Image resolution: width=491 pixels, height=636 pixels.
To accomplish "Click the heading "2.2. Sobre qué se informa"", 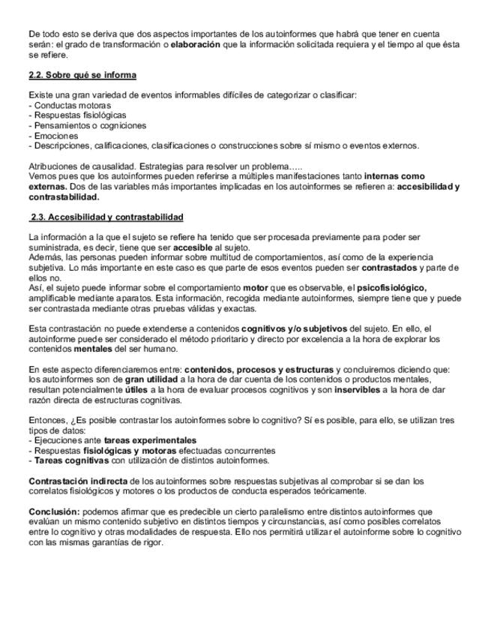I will click(x=82, y=76).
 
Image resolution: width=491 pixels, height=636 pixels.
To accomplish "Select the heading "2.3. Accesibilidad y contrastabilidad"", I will click(x=106, y=217).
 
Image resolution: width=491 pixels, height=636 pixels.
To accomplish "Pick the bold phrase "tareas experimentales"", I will click(x=150, y=441).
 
